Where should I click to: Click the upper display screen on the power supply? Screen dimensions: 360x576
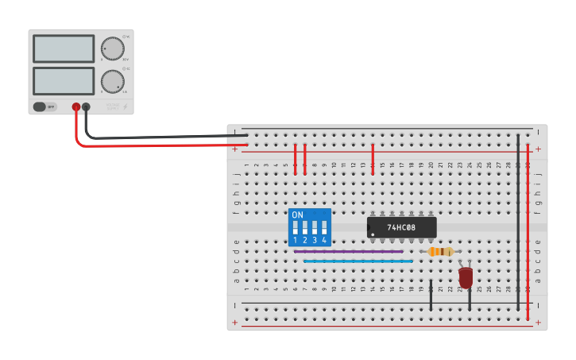(64, 48)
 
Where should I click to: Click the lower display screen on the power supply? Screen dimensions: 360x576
(64, 80)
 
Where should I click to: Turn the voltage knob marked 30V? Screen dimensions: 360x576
(113, 48)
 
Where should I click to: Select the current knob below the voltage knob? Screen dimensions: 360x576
(112, 81)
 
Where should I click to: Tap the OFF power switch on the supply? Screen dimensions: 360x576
(45, 106)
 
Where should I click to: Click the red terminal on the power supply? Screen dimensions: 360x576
(76, 106)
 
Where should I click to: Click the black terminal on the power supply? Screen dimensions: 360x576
(86, 106)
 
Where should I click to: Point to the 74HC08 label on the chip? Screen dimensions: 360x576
(402, 227)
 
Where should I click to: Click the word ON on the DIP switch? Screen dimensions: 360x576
(297, 215)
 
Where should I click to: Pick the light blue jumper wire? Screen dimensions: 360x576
(358, 261)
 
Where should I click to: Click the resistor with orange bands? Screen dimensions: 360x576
(440, 252)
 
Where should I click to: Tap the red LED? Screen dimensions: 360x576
(466, 277)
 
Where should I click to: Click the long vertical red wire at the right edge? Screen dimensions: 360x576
(528, 230)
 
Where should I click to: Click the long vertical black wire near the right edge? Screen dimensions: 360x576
(518, 223)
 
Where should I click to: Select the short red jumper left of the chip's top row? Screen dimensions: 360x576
(373, 159)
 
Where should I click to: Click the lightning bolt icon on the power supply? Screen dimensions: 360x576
(126, 106)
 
